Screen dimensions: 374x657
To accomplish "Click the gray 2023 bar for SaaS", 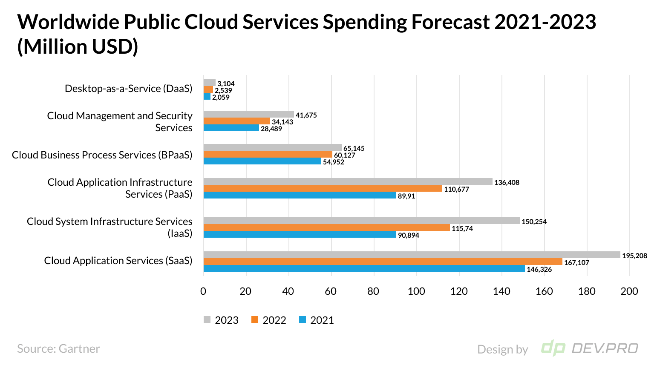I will (412, 255).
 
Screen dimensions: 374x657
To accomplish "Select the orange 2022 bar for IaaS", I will (326, 228).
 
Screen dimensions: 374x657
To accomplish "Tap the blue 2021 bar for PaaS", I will (300, 195).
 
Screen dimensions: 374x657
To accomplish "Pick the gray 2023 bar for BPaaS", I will (272, 147).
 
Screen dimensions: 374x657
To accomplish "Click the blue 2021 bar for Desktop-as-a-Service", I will (207, 97).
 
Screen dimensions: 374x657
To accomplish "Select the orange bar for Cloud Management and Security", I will (236, 121).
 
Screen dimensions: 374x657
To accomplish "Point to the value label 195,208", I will (634, 256).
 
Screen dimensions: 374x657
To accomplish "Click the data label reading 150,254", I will (534, 222).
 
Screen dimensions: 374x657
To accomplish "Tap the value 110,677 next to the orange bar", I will (456, 189).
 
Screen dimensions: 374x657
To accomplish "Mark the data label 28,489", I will (271, 129).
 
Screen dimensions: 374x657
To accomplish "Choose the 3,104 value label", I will (226, 83).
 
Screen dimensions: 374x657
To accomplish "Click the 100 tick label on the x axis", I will (416, 291).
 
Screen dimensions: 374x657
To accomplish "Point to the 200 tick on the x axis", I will (629, 291).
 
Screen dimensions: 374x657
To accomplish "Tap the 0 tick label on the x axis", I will (203, 291).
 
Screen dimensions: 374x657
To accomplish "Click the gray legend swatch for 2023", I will (207, 320).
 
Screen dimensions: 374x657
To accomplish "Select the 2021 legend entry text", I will (322, 320).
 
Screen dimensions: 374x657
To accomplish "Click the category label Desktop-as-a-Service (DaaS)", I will (128, 89).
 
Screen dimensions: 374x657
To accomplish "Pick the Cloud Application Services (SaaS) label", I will (118, 261).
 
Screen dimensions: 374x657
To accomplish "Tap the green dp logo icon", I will (553, 348).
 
